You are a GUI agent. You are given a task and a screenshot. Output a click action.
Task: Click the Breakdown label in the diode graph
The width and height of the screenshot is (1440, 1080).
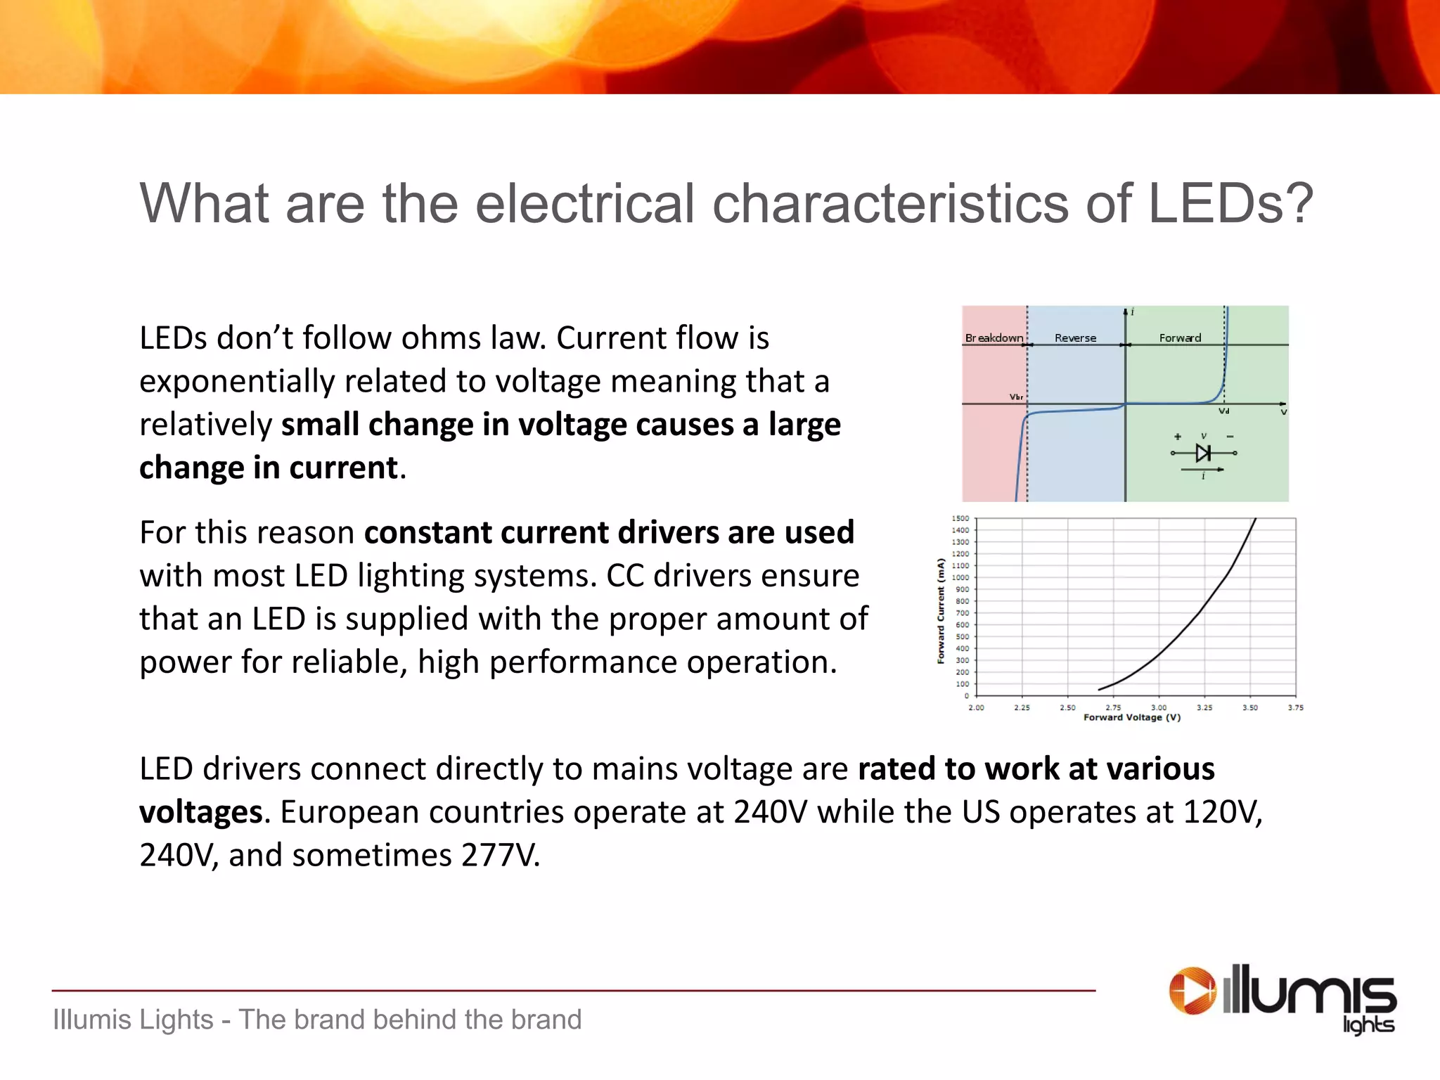pyautogui.click(x=994, y=338)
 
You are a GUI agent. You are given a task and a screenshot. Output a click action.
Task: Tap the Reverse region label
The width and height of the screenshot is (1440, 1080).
pyautogui.click(x=1075, y=338)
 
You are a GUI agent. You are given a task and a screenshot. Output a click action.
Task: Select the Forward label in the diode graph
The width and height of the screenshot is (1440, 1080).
pyautogui.click(x=1180, y=338)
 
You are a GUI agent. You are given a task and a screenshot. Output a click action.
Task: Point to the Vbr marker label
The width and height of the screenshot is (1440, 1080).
pyautogui.click(x=1016, y=397)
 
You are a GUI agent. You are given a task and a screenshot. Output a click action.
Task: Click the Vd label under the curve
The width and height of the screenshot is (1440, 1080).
pyautogui.click(x=1223, y=411)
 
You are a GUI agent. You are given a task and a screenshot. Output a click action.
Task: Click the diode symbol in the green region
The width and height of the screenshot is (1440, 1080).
pyautogui.click(x=1203, y=453)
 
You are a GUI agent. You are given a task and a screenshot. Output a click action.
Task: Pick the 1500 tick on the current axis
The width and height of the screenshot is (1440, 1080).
pyautogui.click(x=960, y=519)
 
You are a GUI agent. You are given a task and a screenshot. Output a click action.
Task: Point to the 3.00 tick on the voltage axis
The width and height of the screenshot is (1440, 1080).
pyautogui.click(x=1159, y=707)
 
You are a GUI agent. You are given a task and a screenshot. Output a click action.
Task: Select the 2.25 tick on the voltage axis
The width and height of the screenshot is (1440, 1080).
pyautogui.click(x=1022, y=707)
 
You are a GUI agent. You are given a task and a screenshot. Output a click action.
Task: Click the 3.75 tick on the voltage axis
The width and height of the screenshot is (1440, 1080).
pyautogui.click(x=1295, y=707)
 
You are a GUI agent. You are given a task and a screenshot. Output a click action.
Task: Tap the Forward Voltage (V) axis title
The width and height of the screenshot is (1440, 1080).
pyautogui.click(x=1132, y=718)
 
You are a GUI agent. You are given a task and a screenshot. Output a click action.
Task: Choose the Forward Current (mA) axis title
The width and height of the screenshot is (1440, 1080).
pyautogui.click(x=941, y=610)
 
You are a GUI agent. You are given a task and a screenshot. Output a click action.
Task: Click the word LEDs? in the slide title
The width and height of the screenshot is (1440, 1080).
pyautogui.click(x=1230, y=204)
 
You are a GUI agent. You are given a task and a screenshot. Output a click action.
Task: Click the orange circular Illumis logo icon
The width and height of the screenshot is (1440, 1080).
pyautogui.click(x=1192, y=991)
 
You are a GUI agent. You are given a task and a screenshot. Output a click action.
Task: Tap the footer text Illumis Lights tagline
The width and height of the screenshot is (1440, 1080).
pyautogui.click(x=317, y=1020)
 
